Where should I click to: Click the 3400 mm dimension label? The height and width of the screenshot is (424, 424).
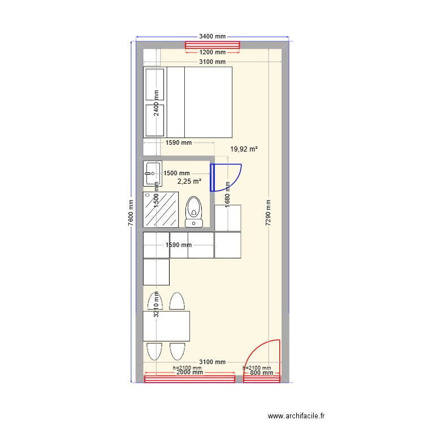(x=212, y=36)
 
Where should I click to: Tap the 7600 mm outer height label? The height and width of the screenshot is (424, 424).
(x=131, y=212)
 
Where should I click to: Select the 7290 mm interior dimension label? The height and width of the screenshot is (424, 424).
(x=268, y=212)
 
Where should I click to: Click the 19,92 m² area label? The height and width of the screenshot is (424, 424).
(x=244, y=149)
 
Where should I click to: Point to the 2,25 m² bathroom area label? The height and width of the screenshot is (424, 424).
(x=189, y=181)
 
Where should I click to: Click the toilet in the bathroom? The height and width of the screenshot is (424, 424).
(x=193, y=211)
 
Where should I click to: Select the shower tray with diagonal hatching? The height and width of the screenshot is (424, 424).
(x=161, y=209)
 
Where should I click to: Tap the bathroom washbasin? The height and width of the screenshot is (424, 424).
(x=153, y=173)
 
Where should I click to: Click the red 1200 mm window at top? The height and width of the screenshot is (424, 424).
(x=213, y=45)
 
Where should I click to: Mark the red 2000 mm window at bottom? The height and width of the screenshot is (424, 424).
(x=189, y=378)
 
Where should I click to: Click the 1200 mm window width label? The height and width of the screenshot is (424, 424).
(x=212, y=53)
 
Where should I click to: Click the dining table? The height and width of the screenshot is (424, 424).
(x=166, y=326)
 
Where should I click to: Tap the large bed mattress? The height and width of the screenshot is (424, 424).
(x=208, y=102)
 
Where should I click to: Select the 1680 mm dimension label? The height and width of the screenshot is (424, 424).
(x=227, y=194)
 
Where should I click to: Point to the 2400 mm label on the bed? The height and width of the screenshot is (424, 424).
(x=157, y=103)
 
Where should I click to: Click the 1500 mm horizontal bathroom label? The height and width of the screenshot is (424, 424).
(x=178, y=174)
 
